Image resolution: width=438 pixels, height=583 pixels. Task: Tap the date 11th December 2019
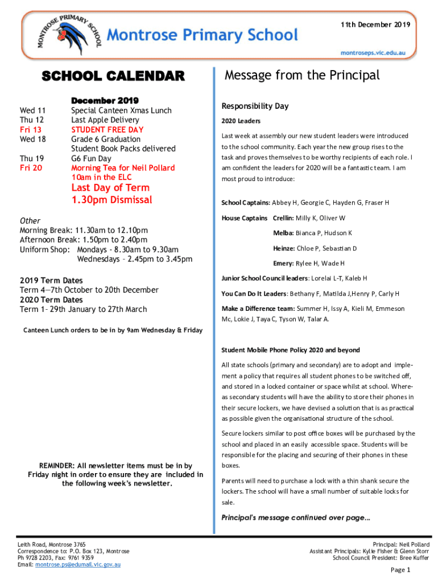(x=375, y=25)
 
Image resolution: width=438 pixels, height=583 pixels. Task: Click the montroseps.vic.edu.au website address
(x=373, y=52)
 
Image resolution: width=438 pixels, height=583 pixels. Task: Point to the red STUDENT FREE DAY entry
(x=108, y=130)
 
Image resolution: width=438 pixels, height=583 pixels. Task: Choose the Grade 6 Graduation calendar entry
(x=106, y=139)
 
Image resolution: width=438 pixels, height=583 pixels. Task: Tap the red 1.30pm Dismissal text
(x=111, y=200)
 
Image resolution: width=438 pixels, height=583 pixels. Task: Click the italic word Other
(x=30, y=221)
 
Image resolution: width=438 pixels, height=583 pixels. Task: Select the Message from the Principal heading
(x=302, y=76)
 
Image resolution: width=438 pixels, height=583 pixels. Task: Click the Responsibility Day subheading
(x=255, y=106)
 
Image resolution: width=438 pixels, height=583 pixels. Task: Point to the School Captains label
(x=246, y=203)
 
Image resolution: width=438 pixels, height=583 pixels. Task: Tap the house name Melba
(x=283, y=233)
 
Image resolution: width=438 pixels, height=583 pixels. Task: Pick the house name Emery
(x=283, y=264)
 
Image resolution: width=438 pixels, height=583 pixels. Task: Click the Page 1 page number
(x=400, y=570)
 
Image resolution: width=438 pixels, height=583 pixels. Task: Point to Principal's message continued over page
(x=295, y=518)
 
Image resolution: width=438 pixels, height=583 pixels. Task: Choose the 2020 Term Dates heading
(x=51, y=300)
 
